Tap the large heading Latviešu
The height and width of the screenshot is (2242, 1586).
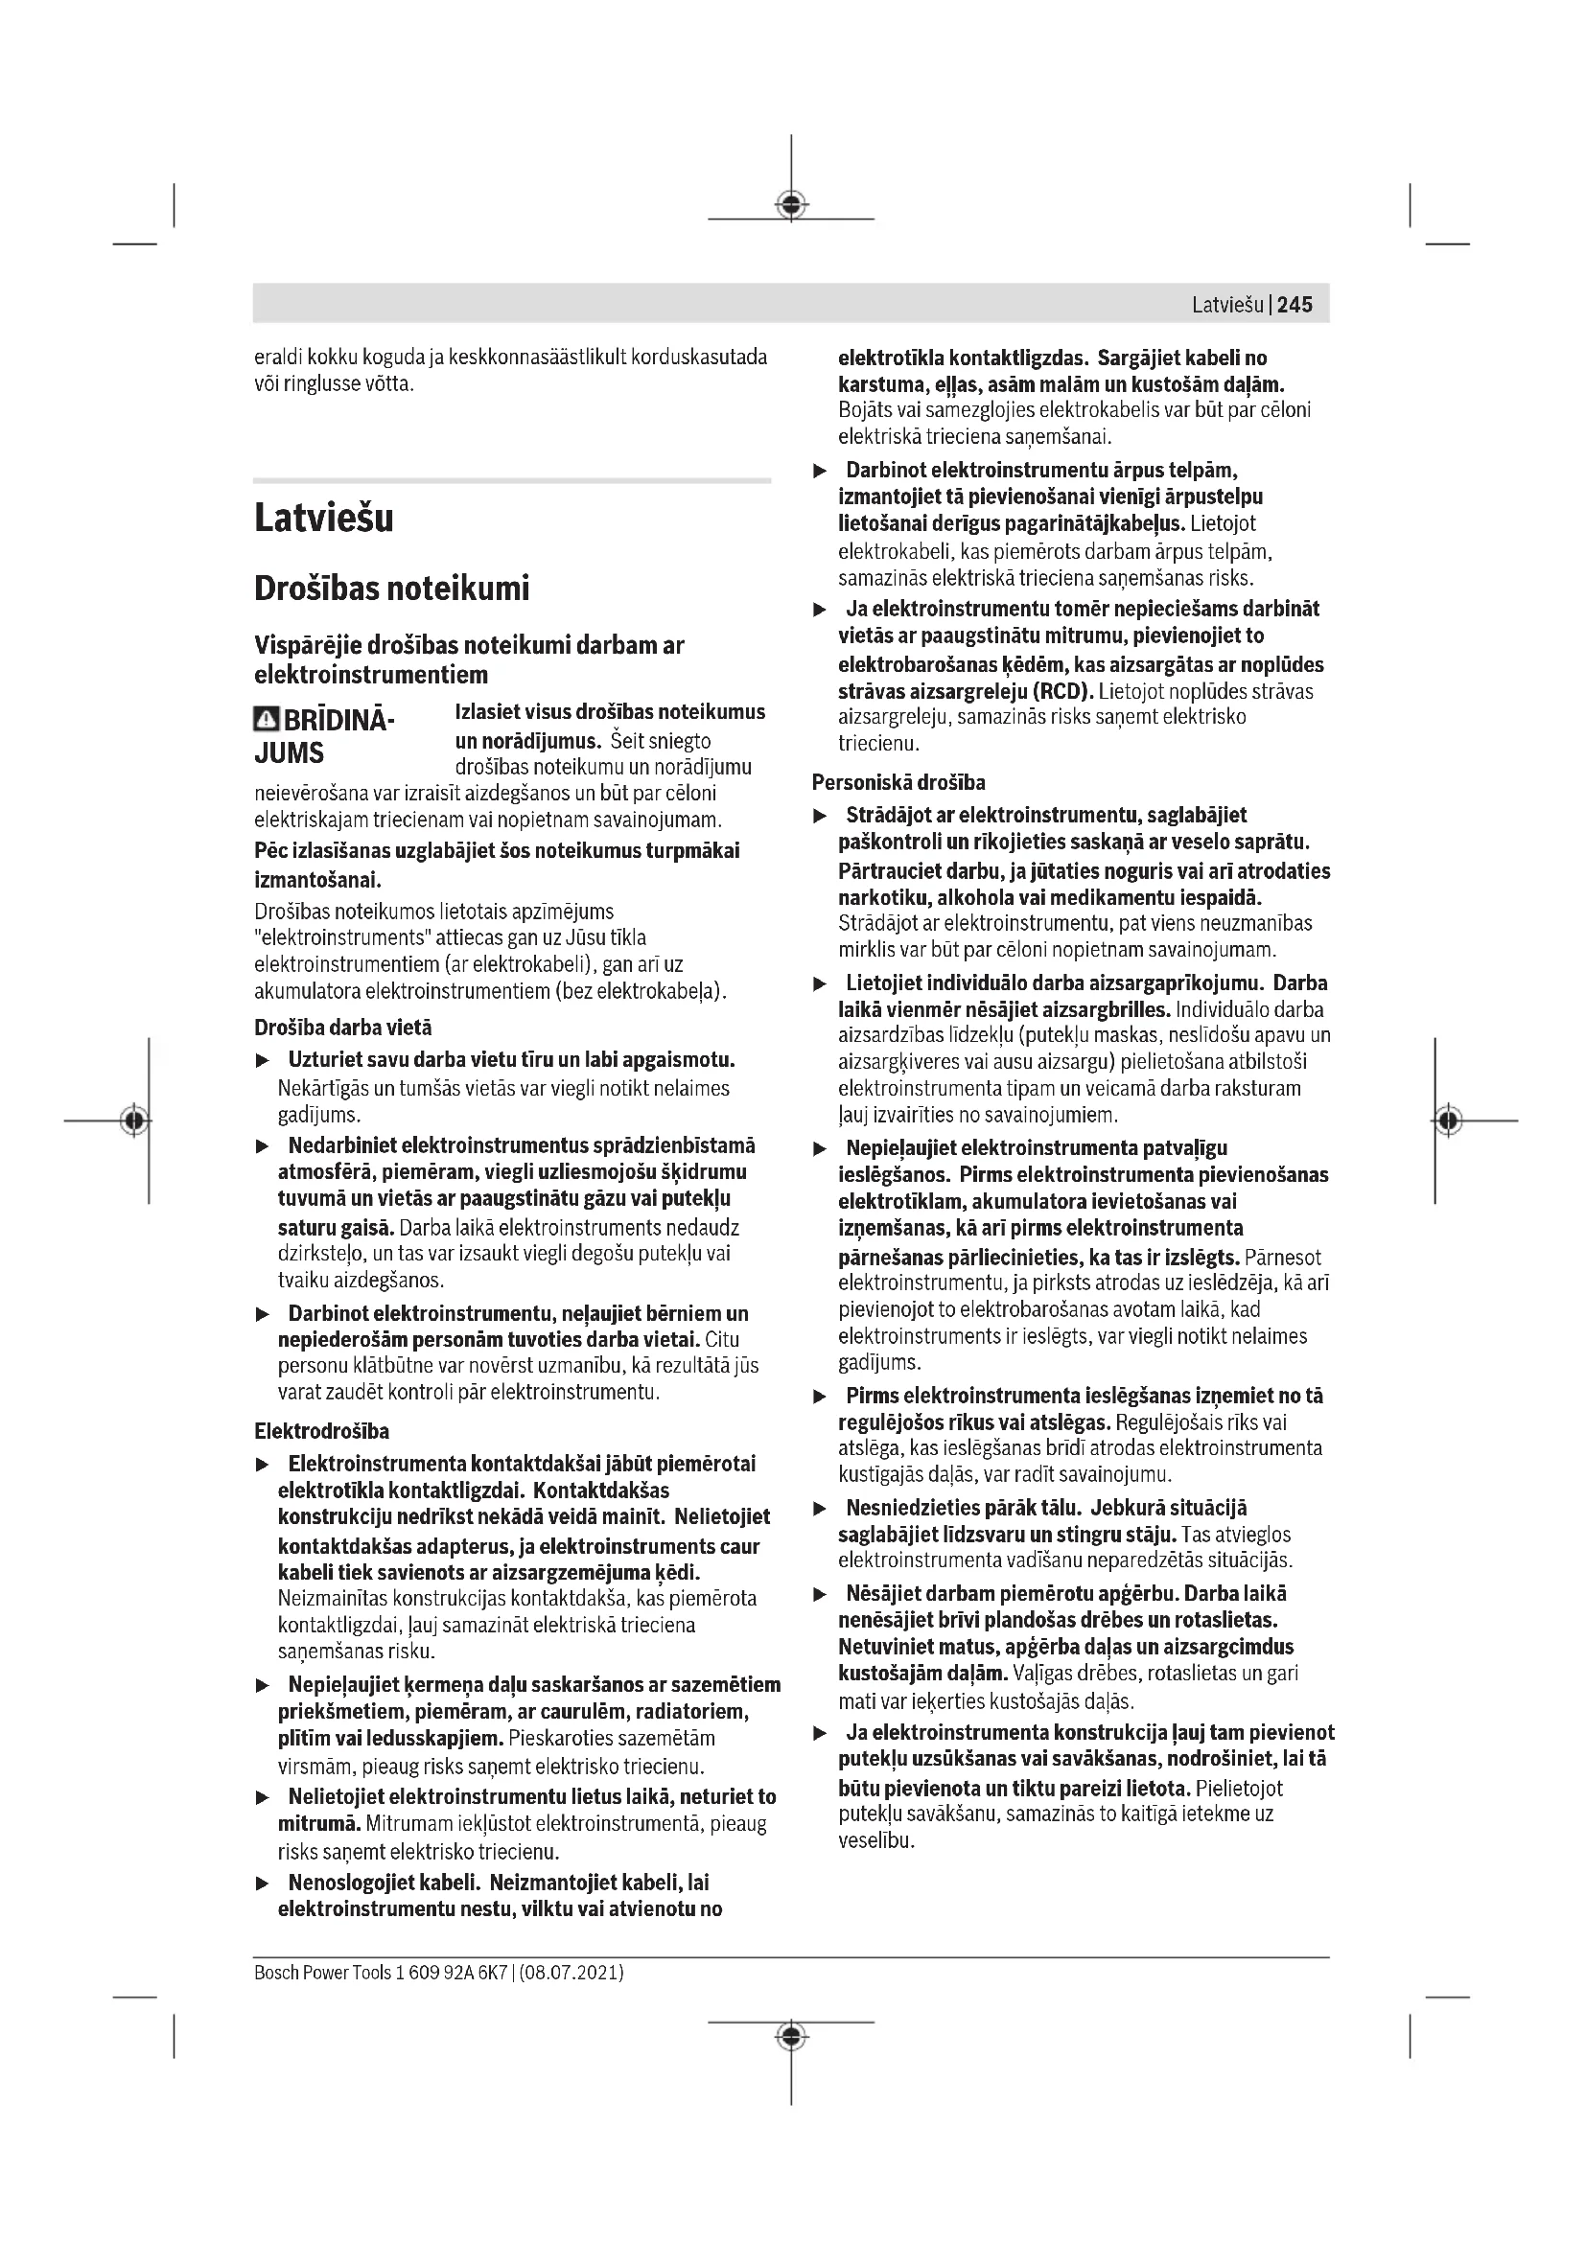coord(323,518)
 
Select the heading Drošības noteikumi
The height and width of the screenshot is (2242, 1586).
coord(391,589)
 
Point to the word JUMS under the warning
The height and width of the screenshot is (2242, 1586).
coord(289,752)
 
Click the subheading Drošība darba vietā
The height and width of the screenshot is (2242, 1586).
coord(342,1028)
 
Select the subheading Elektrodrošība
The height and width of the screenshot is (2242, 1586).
coord(321,1431)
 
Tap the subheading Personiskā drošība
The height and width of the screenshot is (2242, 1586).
coord(898,782)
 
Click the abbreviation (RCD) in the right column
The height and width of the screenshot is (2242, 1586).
coord(1061,691)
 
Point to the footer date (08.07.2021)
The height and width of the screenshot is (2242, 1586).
coord(571,1972)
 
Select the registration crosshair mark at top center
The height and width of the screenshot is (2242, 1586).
coord(791,204)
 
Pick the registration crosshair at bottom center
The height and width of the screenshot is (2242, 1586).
coord(791,2036)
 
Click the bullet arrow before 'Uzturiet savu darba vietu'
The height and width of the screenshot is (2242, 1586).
coord(261,1060)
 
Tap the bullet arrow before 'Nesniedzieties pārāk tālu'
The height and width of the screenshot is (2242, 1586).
coord(821,1509)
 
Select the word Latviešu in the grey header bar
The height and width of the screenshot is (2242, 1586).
coord(1227,305)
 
